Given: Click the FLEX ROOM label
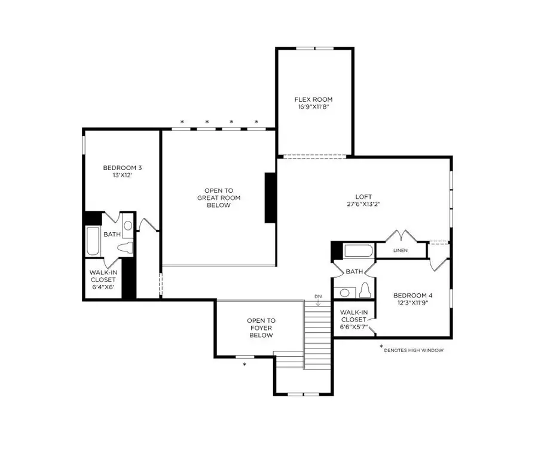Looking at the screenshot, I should [x=313, y=99].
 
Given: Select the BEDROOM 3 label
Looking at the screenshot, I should [x=122, y=168].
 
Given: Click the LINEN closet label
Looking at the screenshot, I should [x=401, y=250].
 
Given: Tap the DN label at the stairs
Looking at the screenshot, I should [x=318, y=297].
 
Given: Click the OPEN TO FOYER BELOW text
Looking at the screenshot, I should [x=261, y=328].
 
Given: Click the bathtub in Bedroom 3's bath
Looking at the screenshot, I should [x=93, y=241].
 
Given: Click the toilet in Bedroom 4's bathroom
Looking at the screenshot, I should [x=365, y=291].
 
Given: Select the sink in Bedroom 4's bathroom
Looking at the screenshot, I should [x=344, y=293].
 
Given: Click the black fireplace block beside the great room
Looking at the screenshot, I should [x=270, y=198].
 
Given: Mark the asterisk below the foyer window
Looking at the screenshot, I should [x=244, y=363].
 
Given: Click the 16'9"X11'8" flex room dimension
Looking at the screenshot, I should [x=313, y=107].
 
